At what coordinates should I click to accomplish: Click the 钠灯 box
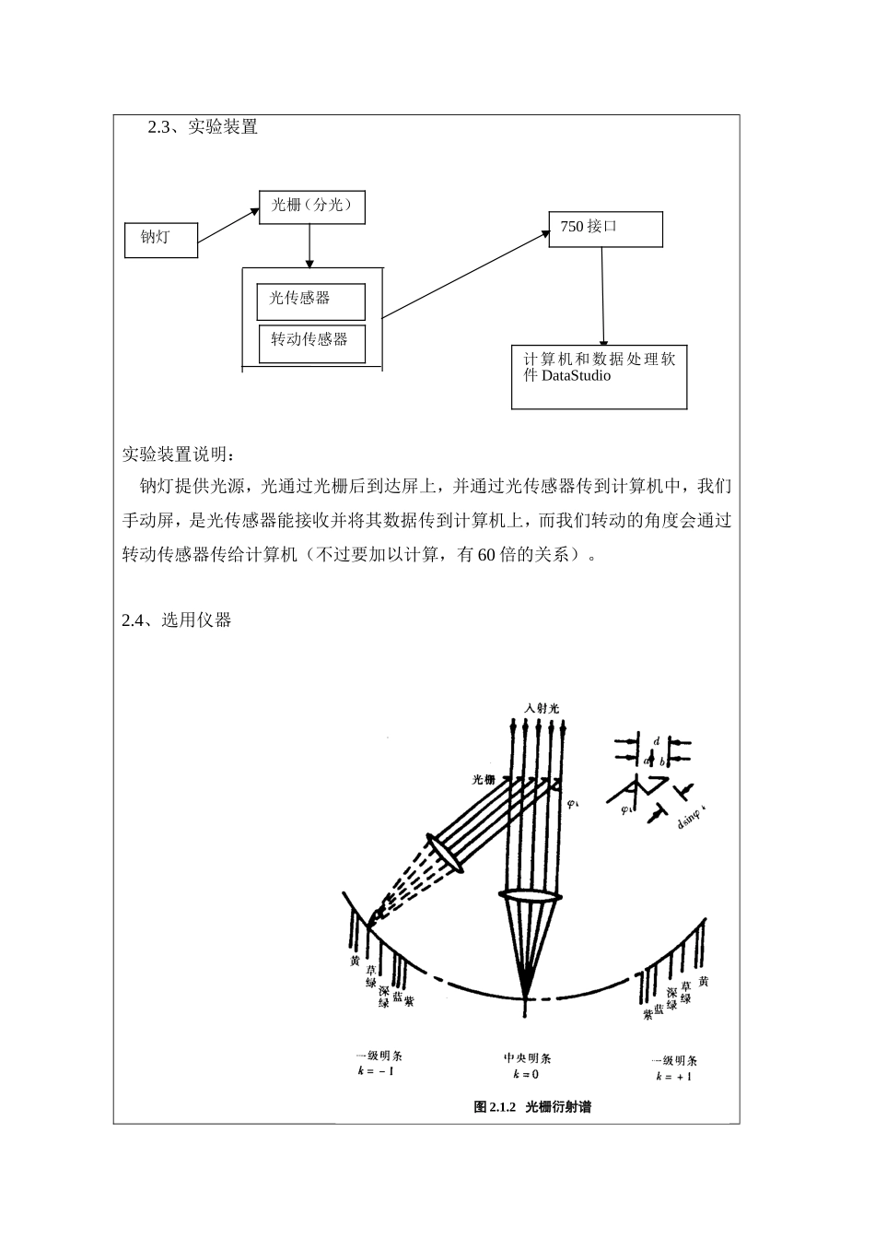click(x=161, y=238)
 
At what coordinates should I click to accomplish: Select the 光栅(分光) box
click(x=312, y=206)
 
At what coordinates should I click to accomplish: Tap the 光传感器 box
click(x=311, y=301)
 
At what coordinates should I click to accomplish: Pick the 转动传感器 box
click(x=311, y=342)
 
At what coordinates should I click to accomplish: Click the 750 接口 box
click(x=605, y=229)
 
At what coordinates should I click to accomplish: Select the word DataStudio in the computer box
click(x=576, y=376)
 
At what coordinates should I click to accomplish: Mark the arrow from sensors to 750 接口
click(x=465, y=274)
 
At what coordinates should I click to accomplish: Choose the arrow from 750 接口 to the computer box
click(x=603, y=296)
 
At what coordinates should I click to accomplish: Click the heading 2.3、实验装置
click(x=203, y=128)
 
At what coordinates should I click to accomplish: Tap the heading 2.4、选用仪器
click(x=176, y=620)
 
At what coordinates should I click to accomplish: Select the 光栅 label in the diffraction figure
click(x=484, y=779)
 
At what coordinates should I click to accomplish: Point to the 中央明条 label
click(x=527, y=1058)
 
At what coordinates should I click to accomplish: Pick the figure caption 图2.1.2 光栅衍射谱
click(x=532, y=1106)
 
